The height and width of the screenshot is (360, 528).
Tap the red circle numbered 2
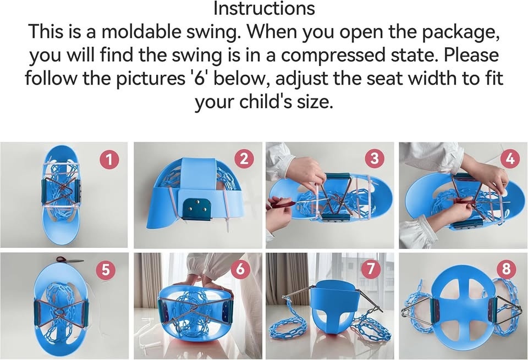(x=243, y=159)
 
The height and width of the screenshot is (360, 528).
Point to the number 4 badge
(x=510, y=159)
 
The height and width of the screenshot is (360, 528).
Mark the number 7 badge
(x=373, y=270)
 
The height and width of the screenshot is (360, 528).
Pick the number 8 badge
(x=506, y=270)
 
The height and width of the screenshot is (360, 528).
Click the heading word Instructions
(x=264, y=9)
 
